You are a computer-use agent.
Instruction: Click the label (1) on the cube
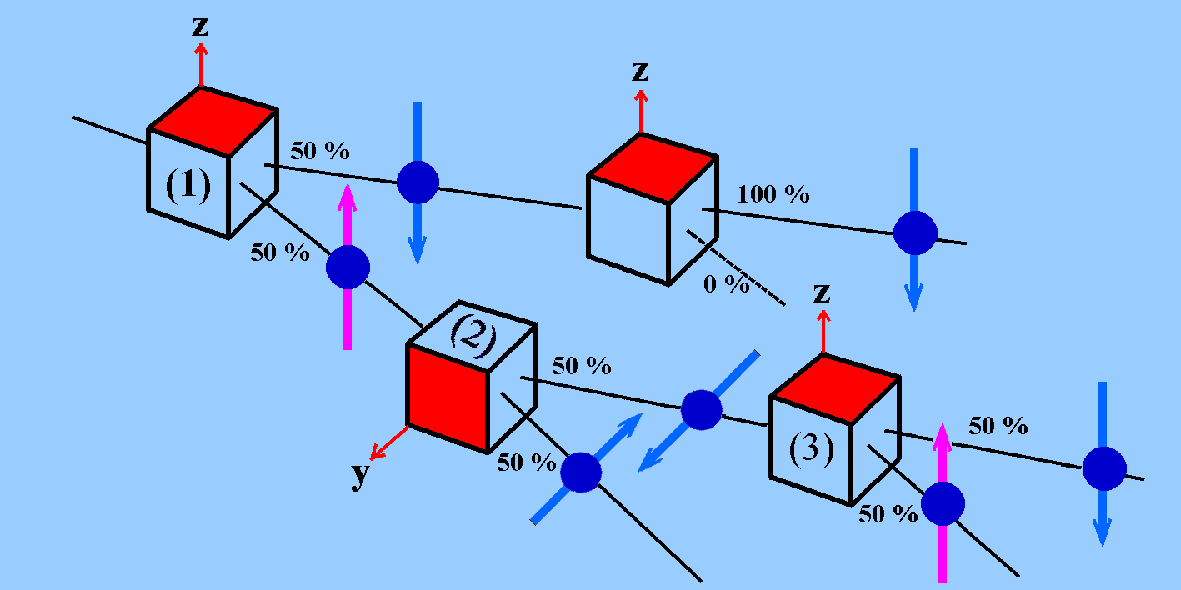point(188,186)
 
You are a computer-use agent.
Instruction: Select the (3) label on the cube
point(810,451)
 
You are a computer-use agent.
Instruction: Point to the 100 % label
point(773,195)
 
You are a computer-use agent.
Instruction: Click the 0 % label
point(727,284)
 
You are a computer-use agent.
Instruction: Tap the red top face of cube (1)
point(213,120)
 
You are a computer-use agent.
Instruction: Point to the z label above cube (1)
point(200,27)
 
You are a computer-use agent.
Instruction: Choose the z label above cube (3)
point(823,293)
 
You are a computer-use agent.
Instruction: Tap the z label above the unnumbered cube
point(640,72)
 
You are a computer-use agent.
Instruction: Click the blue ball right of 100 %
point(915,232)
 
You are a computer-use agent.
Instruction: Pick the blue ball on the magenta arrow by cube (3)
point(943,504)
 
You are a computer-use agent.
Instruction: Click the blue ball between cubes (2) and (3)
point(701,409)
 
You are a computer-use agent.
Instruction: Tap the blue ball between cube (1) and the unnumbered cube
point(417,182)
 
